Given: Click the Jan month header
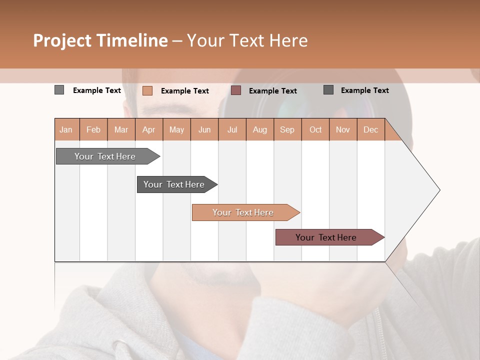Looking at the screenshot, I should (x=66, y=129).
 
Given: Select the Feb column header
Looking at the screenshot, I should (x=93, y=129).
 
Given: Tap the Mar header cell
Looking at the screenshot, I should (x=121, y=129).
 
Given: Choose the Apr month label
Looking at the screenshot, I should (x=148, y=129).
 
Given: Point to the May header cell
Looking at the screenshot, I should (x=176, y=129).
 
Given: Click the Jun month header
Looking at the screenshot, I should (x=204, y=129).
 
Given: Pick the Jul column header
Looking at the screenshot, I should (x=232, y=129).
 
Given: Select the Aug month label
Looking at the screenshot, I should (x=259, y=129).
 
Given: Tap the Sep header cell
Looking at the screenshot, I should (x=287, y=129).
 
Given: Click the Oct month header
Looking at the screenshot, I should (x=315, y=129).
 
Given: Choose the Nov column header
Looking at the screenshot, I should (x=342, y=129).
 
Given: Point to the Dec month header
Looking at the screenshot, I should (x=370, y=129).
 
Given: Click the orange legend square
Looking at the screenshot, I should (x=147, y=90).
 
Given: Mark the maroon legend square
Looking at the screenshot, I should (x=236, y=90).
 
